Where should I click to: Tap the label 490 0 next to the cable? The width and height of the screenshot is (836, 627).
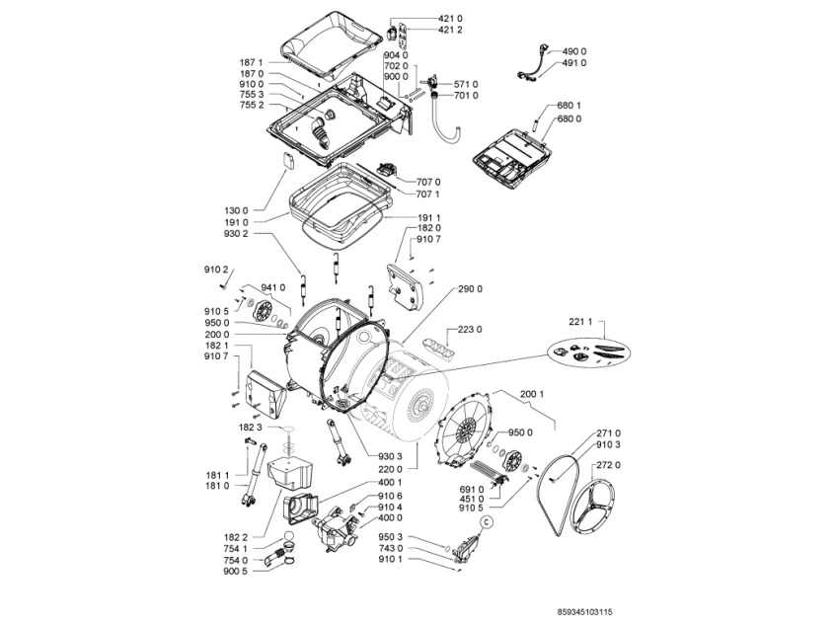(x=574, y=50)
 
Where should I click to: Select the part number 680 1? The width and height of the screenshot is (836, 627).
(x=570, y=106)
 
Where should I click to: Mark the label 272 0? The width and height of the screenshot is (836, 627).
(x=610, y=463)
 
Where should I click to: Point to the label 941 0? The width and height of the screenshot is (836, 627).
(x=273, y=287)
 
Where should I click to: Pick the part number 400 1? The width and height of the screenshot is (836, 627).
(x=389, y=483)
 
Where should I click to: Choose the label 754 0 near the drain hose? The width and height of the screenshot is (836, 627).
(x=237, y=560)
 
